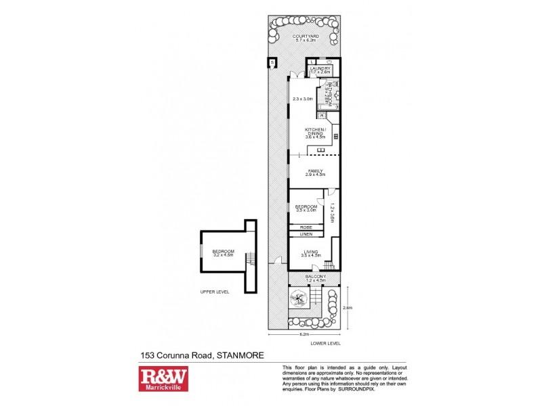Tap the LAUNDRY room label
(x=319, y=68)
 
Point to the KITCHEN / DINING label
(x=316, y=129)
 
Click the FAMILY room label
(x=316, y=171)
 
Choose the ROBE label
(x=306, y=227)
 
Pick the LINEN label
(x=306, y=234)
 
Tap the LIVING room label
(x=311, y=252)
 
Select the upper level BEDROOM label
(x=224, y=251)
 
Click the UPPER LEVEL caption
(x=215, y=292)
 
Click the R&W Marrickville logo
(x=163, y=378)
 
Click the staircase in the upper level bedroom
(x=251, y=258)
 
